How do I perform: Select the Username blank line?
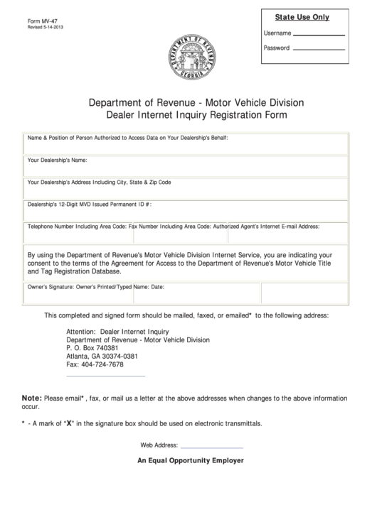319,34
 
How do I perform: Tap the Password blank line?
319,49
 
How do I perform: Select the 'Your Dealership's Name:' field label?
58,160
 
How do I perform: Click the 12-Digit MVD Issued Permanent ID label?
89,204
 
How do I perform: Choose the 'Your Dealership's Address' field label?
99,182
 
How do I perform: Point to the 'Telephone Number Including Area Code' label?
77,227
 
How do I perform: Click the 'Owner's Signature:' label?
51,288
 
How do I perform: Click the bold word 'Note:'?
32,399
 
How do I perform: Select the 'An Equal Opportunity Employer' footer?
191,460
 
